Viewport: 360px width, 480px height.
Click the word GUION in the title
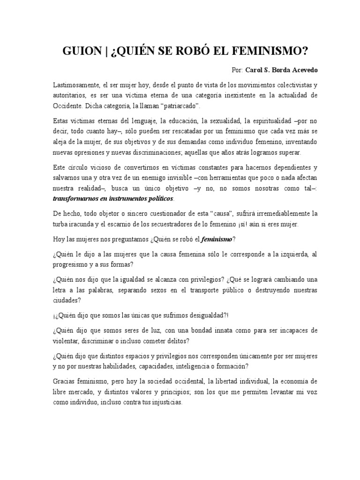(x=79, y=51)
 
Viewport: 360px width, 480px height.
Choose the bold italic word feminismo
(x=217, y=240)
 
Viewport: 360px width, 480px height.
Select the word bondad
(x=200, y=330)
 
